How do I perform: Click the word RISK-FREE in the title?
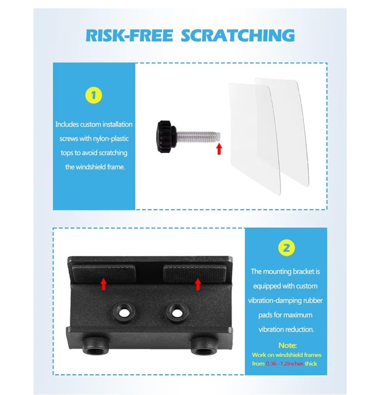pos(129,36)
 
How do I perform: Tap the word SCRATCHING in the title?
pos(238,36)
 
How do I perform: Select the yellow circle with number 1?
pos(94,96)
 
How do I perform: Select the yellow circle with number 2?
pos(286,248)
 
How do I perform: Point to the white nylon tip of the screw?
pos(218,137)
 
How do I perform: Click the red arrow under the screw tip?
pos(219,149)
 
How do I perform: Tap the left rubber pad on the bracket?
pos(103,273)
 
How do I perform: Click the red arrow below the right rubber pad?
pos(198,284)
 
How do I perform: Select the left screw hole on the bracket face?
pos(124,312)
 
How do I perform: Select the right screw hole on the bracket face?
pos(177,312)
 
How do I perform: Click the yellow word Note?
pos(287,345)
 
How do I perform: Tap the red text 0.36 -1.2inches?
pos(284,363)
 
